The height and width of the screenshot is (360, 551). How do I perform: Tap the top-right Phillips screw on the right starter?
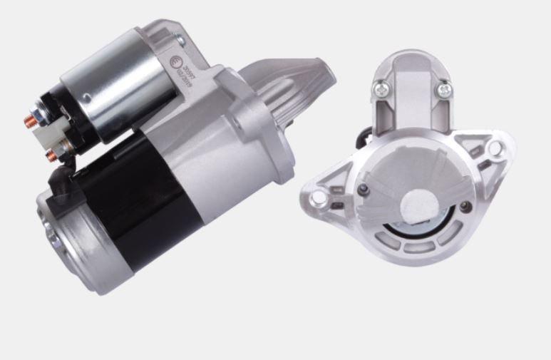444,89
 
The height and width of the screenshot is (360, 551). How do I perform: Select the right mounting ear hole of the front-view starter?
494,148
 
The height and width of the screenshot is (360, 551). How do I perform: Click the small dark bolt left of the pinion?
364,188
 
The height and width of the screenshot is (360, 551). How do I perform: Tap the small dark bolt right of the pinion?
465,206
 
